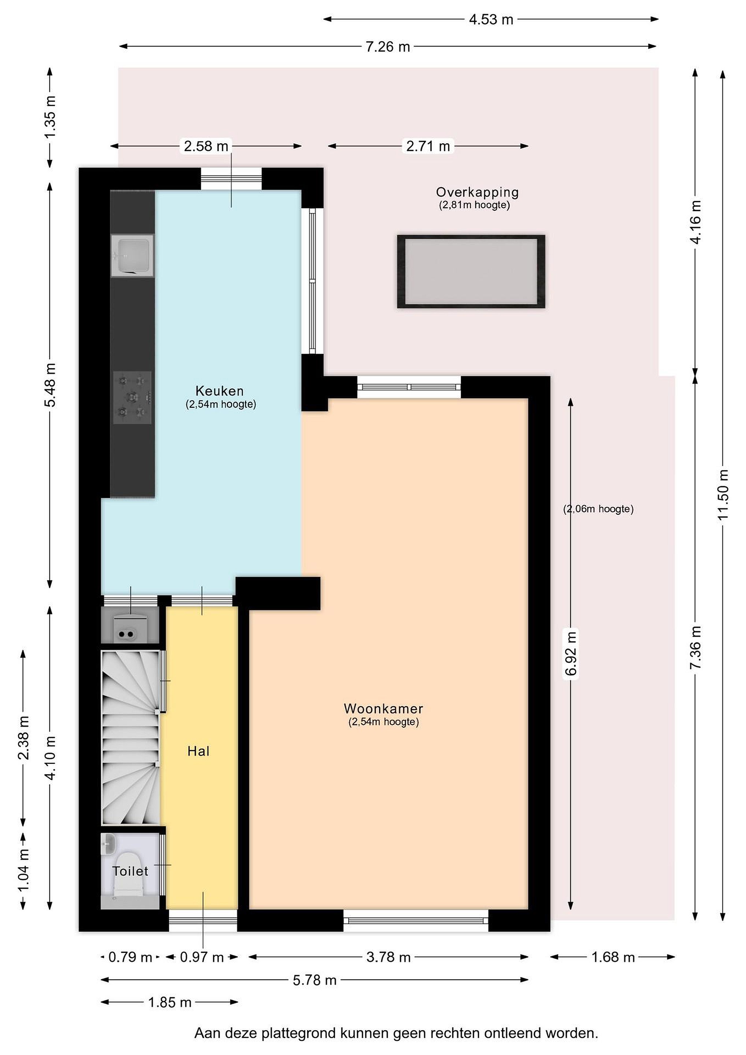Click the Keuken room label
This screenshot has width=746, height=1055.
coord(220,391)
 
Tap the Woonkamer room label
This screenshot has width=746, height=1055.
coord(383,708)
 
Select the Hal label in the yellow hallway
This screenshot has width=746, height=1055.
coord(198,751)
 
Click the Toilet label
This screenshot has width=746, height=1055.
coord(130,871)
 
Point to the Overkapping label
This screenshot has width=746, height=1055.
coord(477,193)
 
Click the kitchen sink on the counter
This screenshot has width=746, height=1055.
coord(132,256)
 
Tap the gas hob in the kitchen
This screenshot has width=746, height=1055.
coord(133,397)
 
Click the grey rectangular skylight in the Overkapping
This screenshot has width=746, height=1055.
coord(471,271)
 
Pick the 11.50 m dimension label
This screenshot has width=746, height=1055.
coord(723,495)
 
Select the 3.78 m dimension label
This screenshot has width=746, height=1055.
coord(389,957)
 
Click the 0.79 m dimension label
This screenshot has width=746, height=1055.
coord(130,957)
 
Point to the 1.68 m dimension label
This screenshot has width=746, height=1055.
coord(613,957)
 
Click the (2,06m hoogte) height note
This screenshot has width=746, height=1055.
coord(598,509)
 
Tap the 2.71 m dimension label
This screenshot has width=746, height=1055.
coord(428,146)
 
